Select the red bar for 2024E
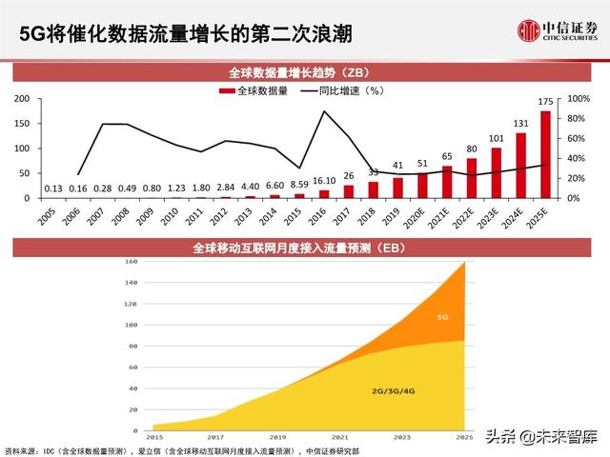click(x=521, y=165)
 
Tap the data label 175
click(x=545, y=103)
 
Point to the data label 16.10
click(x=323, y=180)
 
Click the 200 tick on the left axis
click(x=22, y=99)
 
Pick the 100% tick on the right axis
click(x=578, y=99)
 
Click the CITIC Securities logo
click(x=556, y=31)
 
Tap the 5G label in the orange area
click(x=441, y=317)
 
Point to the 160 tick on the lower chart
click(x=132, y=261)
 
